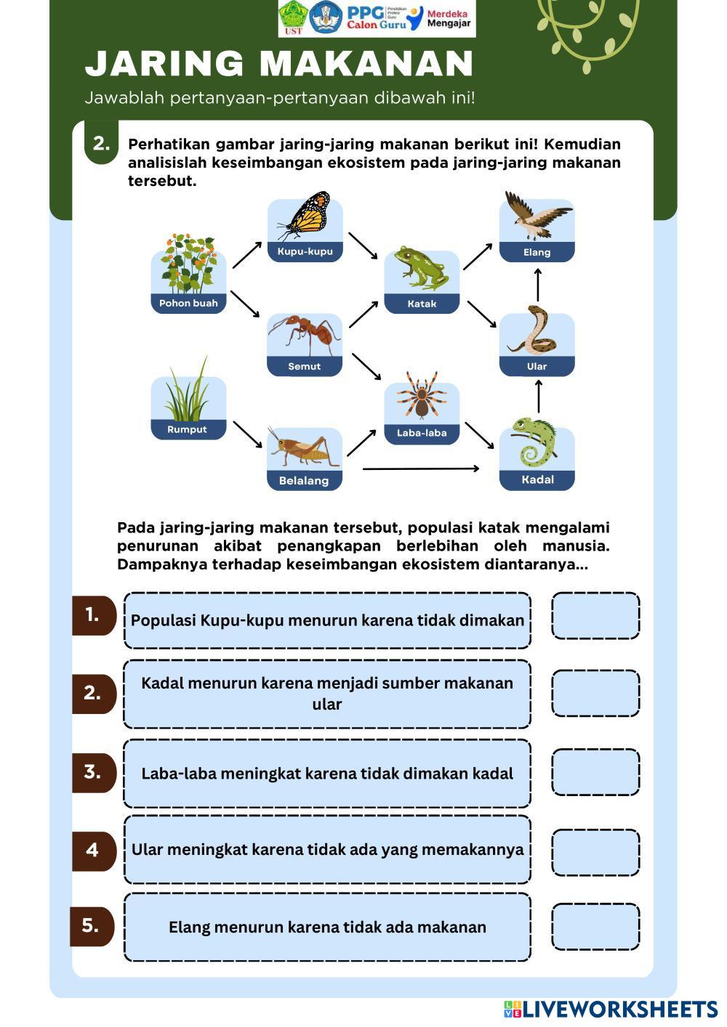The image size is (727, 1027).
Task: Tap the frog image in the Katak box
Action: pos(421,269)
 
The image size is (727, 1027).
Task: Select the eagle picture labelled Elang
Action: pos(537,216)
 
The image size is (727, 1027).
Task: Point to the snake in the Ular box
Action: pos(537,330)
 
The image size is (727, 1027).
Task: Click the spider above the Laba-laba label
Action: pos(422,397)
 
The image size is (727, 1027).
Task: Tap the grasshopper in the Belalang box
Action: pos(305,449)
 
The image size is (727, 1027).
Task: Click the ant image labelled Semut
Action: pos(304,334)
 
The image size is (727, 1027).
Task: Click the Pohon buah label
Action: pos(188,304)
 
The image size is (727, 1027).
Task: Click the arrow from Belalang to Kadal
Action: pos(420,469)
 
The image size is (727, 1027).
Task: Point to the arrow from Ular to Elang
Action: pos(538,284)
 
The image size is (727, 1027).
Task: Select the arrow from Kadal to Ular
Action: pos(539,397)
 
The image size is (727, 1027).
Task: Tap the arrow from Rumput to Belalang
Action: pos(247,434)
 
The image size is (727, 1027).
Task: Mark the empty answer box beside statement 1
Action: pos(595,616)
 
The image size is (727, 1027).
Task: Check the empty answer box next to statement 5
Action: pos(595,927)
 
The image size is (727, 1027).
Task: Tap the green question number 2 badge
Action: pos(102,143)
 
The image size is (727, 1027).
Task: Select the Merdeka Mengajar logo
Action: pos(440,19)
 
